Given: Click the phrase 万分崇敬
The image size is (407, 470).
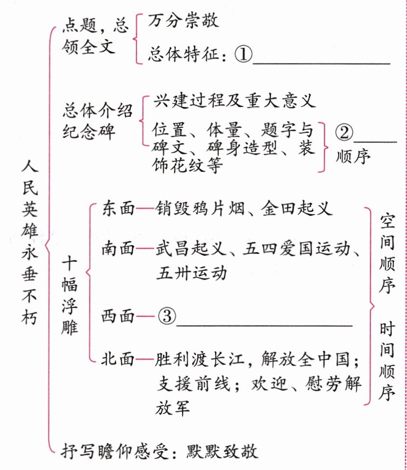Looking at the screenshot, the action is tap(183, 21).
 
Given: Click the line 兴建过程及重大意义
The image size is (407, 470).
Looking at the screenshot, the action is tap(234, 102).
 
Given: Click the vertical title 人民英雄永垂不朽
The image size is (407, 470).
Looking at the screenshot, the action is tap(29, 245).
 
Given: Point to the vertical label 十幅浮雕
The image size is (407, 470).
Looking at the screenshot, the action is tap(70, 297).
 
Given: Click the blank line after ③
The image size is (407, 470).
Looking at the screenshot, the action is tap(265, 323).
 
